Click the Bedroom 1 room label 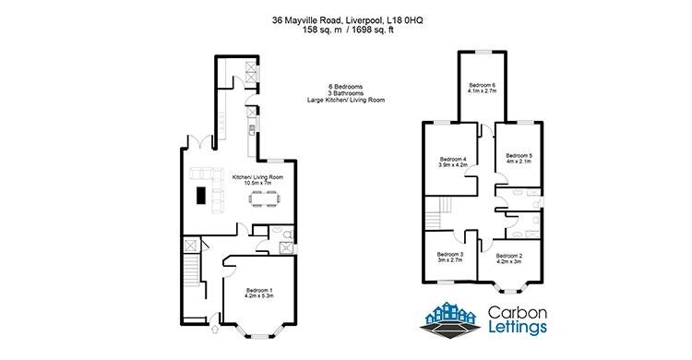tap(259, 293)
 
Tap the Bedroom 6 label tap(483, 88)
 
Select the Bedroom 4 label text tap(453, 162)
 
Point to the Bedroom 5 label tap(519, 158)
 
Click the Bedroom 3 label tap(449, 258)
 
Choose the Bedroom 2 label tap(508, 258)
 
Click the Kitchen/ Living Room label tap(257, 180)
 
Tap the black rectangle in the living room tap(201, 196)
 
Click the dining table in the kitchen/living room tap(265, 198)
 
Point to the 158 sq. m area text tap(319, 30)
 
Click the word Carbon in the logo tap(518, 313)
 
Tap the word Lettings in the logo tap(518, 328)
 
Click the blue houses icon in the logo tap(449, 313)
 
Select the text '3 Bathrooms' tap(346, 93)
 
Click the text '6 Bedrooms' tap(346, 87)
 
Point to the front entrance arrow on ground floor tap(215, 330)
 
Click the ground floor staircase tap(192, 270)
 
